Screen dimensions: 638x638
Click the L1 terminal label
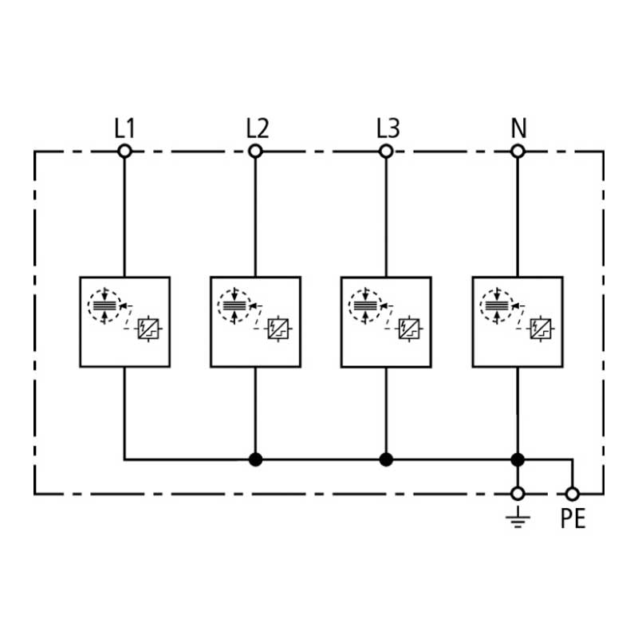pos(124,128)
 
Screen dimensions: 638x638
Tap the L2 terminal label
pos(258,128)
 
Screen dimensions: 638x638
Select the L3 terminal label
pos(388,128)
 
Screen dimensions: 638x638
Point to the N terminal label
pos(519,128)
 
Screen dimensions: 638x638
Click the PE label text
pos(573,518)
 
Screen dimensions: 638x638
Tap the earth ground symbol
pos(518,518)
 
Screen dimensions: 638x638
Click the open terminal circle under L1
pos(124,152)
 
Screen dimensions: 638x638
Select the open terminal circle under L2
pos(255,152)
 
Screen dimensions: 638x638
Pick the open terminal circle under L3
pos(386,152)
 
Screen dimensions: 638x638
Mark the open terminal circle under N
pos(518,152)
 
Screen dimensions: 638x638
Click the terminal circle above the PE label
pos(573,494)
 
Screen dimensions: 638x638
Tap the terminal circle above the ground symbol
pos(518,494)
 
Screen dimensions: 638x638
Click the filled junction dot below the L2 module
pos(255,460)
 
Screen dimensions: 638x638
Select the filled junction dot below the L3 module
pos(386,460)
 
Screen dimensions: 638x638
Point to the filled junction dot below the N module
pos(518,460)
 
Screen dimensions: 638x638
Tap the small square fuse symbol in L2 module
pos(278,329)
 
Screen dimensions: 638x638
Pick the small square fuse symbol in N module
pos(541,329)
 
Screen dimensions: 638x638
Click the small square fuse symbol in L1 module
pos(148,329)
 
